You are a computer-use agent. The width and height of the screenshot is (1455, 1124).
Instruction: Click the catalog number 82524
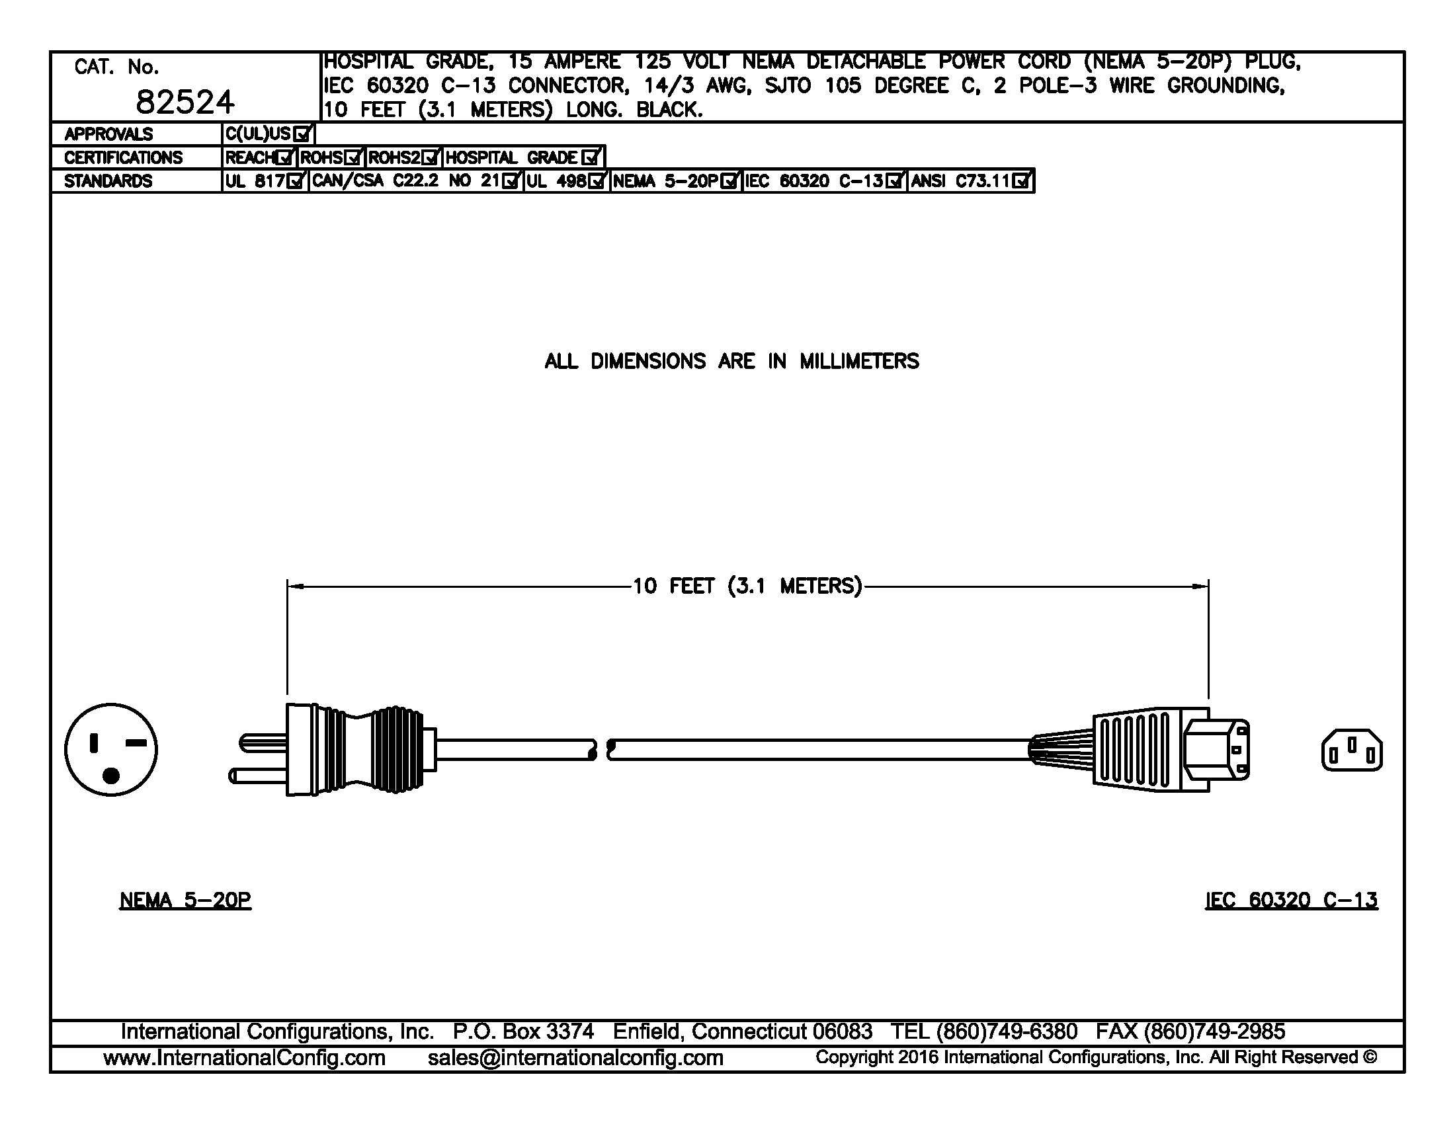click(x=185, y=102)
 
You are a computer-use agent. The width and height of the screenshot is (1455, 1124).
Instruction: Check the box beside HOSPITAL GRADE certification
click(x=589, y=158)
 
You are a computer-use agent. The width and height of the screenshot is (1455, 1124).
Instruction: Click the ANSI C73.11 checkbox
click(x=1020, y=181)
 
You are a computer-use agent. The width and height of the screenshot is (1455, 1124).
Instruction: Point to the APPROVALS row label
click(x=108, y=134)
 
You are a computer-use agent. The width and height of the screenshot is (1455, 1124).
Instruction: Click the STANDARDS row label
click(x=108, y=181)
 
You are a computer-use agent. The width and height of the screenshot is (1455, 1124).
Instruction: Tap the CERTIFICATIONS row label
click(x=123, y=158)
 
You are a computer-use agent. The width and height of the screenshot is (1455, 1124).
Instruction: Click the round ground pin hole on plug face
click(x=111, y=775)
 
